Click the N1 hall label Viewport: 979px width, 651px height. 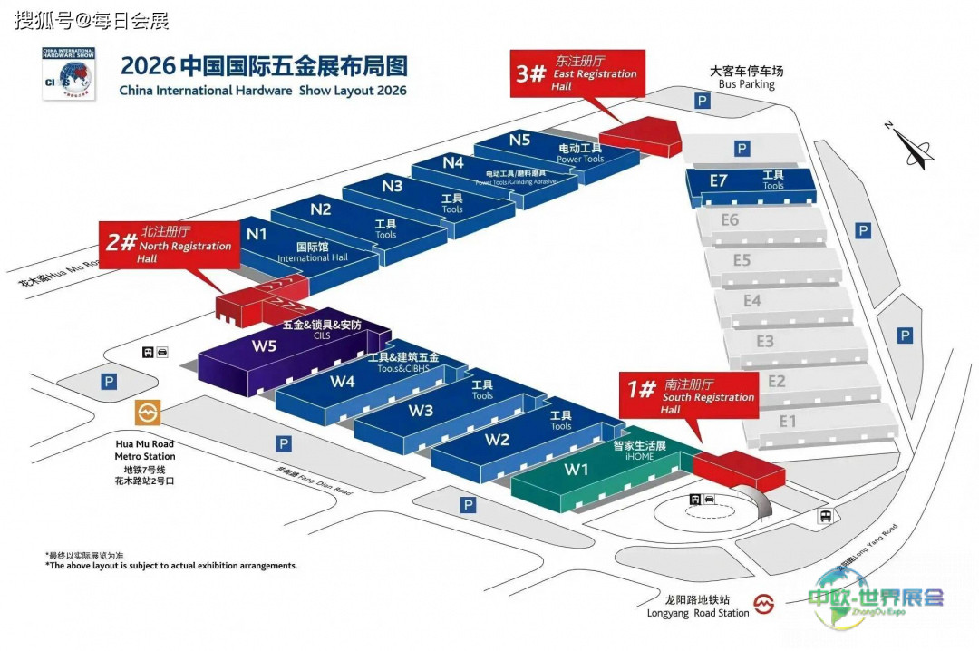(257, 234)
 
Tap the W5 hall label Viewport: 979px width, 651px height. (264, 345)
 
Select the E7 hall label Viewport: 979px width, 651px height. (718, 180)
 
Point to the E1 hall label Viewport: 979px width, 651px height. (788, 421)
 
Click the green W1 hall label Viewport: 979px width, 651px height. (577, 470)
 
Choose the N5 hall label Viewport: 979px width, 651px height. (519, 140)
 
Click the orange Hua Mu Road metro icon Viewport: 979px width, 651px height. (148, 414)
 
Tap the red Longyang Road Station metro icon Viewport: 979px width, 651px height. (766, 604)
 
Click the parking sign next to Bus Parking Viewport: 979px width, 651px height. (701, 102)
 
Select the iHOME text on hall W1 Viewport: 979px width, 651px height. (639, 458)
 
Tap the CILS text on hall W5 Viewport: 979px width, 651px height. (322, 335)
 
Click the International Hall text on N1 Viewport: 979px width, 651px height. (313, 257)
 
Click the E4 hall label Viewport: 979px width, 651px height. (751, 300)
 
